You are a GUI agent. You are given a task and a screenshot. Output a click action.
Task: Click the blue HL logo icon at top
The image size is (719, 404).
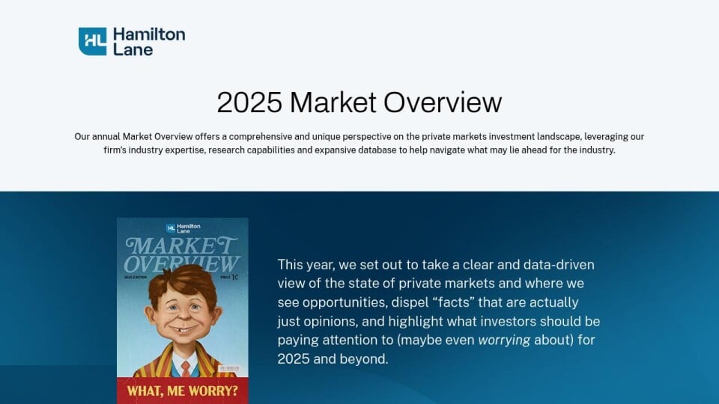pyautogui.click(x=92, y=41)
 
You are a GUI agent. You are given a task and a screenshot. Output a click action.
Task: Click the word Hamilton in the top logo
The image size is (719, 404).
pyautogui.click(x=149, y=34)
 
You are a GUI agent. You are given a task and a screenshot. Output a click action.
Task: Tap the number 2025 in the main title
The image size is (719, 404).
pyautogui.click(x=249, y=102)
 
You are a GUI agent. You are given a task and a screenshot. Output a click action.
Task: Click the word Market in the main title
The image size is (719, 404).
pyautogui.click(x=333, y=102)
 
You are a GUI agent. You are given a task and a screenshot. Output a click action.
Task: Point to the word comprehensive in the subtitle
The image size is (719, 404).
pyautogui.click(x=261, y=136)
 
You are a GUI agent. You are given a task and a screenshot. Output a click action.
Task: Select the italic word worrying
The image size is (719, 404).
pyautogui.click(x=504, y=340)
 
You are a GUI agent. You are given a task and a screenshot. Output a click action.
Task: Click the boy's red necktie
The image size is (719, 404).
pyautogui.click(x=185, y=367)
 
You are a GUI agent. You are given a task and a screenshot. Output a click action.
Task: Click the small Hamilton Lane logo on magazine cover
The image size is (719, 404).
pyautogui.click(x=183, y=228)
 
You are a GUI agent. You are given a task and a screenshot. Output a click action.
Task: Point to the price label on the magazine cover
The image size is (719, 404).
pyautogui.click(x=229, y=277)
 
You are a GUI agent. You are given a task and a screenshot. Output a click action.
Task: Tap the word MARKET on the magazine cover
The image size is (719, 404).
pyautogui.click(x=181, y=246)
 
